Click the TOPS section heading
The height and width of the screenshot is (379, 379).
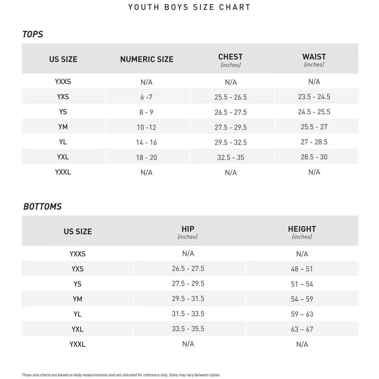(32, 34)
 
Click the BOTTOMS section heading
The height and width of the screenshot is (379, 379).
(42, 206)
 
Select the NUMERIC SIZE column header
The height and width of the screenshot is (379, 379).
(147, 59)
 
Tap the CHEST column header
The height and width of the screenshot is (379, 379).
(231, 57)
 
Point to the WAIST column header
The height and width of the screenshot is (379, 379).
(314, 57)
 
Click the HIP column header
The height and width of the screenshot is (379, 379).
(188, 229)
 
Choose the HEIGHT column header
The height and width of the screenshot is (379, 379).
(302, 229)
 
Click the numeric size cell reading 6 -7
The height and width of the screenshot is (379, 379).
(146, 97)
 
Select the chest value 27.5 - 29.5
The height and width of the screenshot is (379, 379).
(231, 127)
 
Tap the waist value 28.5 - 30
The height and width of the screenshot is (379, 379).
(314, 157)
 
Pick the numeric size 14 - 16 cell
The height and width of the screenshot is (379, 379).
(146, 142)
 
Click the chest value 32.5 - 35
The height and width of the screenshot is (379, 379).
(231, 158)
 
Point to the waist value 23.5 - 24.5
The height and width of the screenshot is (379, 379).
(314, 97)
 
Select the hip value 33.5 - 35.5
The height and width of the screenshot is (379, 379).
(188, 329)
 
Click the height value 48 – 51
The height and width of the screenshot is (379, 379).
(302, 269)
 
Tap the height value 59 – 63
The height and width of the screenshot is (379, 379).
(302, 314)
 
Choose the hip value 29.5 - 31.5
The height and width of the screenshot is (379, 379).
(188, 299)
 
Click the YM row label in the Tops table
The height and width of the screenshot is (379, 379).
(63, 127)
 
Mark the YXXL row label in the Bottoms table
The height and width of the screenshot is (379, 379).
(77, 344)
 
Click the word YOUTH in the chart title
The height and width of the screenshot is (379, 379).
(144, 7)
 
